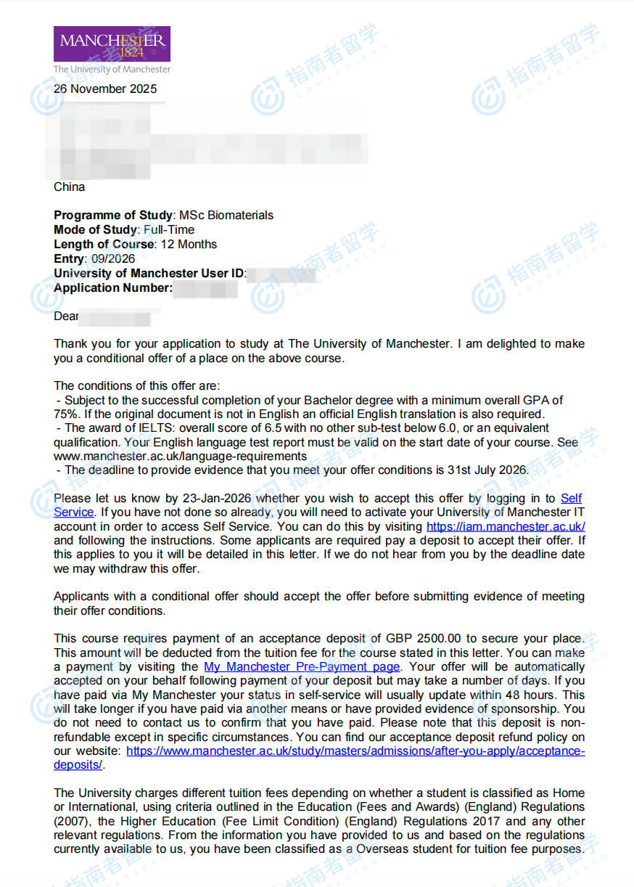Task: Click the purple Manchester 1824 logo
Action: (x=112, y=44)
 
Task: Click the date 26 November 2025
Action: (x=105, y=89)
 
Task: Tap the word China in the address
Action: (x=69, y=187)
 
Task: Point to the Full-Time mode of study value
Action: (x=169, y=229)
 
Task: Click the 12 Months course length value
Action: (x=188, y=244)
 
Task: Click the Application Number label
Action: (x=113, y=287)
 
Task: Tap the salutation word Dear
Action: (x=66, y=316)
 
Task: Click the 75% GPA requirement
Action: (x=65, y=414)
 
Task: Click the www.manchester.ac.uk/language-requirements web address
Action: (x=180, y=456)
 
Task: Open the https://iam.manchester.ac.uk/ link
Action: (x=506, y=526)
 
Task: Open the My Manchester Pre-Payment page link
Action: (x=302, y=666)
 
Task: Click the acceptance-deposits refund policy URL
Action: (x=355, y=751)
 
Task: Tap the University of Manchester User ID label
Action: (x=149, y=273)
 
